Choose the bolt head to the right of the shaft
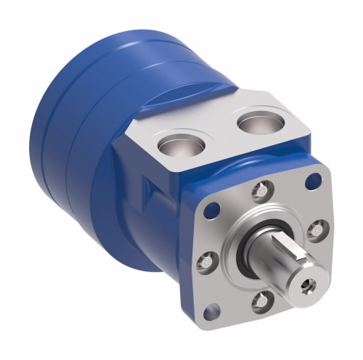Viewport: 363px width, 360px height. tap(315, 230)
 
